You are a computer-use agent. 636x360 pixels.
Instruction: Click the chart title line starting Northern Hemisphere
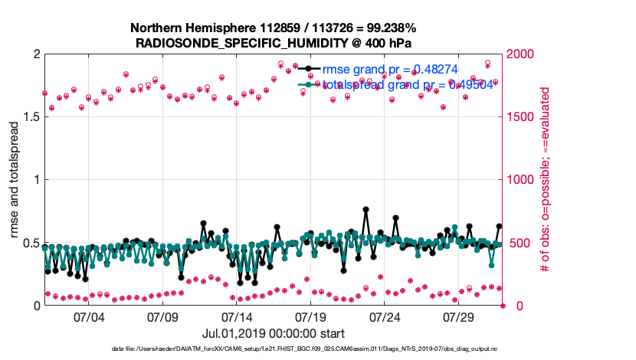[274, 28]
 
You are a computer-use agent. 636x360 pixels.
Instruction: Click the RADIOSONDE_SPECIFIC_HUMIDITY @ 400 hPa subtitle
[274, 43]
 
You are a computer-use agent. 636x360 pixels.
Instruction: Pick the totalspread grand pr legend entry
[398, 84]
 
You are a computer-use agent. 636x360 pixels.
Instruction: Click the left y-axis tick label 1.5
[31, 117]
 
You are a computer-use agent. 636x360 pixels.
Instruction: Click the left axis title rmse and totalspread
[15, 180]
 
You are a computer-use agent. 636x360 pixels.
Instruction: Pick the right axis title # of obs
[546, 180]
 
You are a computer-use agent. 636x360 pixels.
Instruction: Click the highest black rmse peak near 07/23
[366, 208]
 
